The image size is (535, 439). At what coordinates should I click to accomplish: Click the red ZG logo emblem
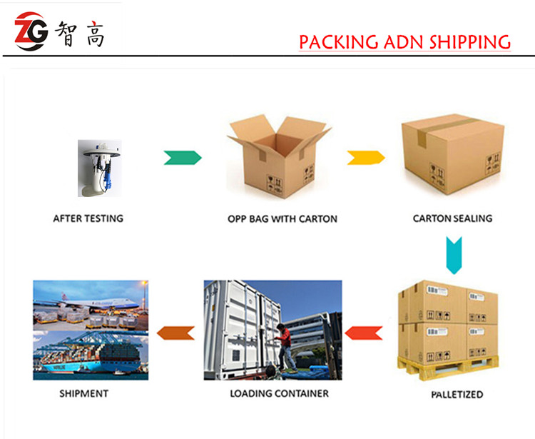[31, 31]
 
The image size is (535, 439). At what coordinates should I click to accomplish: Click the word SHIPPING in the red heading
[470, 42]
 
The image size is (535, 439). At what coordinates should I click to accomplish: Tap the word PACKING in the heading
[338, 42]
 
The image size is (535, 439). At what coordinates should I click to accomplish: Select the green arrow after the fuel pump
[183, 158]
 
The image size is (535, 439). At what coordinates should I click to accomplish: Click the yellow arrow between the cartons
[366, 158]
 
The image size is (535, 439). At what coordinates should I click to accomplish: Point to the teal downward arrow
[454, 256]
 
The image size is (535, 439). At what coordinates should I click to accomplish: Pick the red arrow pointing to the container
[364, 333]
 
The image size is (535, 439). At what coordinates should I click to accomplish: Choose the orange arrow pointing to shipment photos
[175, 333]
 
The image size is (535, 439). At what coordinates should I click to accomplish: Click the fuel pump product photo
[100, 168]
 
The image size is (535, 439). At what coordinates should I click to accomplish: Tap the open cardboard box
[279, 156]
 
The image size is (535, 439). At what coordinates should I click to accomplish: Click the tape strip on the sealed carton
[444, 129]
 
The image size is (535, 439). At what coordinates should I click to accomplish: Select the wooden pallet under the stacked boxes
[448, 368]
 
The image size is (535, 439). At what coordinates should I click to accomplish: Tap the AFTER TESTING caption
[88, 218]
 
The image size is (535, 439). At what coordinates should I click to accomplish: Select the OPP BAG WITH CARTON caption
[282, 219]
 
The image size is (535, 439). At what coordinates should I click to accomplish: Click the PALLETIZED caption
[457, 395]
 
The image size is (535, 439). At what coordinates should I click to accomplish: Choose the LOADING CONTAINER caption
[280, 393]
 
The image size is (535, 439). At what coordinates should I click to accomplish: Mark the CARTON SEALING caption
[453, 218]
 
